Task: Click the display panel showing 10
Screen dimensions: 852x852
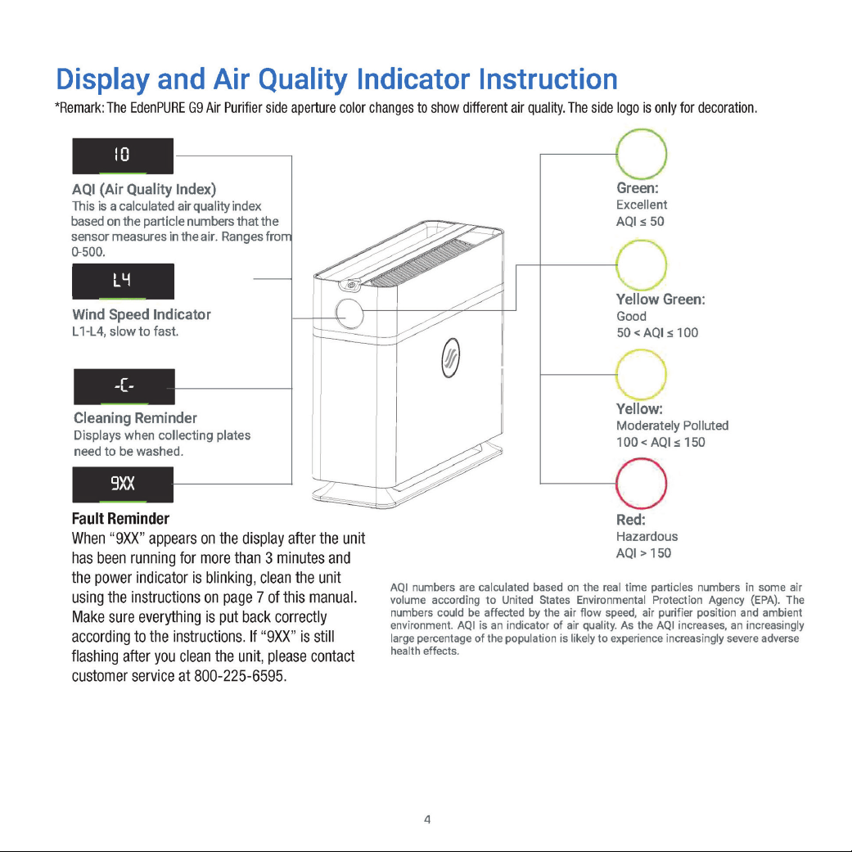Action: pos(123,156)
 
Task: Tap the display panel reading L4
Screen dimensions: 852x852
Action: pos(123,282)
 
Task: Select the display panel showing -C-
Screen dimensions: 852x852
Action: pos(124,387)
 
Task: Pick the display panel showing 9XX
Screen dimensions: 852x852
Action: pos(123,485)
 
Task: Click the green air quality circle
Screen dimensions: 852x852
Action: pos(641,130)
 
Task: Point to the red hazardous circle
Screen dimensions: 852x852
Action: pos(641,459)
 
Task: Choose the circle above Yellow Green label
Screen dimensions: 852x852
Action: pos(641,241)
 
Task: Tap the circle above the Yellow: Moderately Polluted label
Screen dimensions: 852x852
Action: pos(641,350)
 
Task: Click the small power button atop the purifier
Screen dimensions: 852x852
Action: pos(352,285)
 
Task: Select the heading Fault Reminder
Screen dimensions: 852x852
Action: pos(120,518)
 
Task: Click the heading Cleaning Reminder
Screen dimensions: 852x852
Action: pos(135,418)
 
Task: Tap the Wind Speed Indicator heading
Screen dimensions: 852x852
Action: pos(142,314)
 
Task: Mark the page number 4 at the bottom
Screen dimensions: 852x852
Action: pos(427,819)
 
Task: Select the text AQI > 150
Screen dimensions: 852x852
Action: pos(643,553)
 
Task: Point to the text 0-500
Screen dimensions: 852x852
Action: pos(88,252)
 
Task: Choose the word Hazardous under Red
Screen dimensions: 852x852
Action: pos(647,536)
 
